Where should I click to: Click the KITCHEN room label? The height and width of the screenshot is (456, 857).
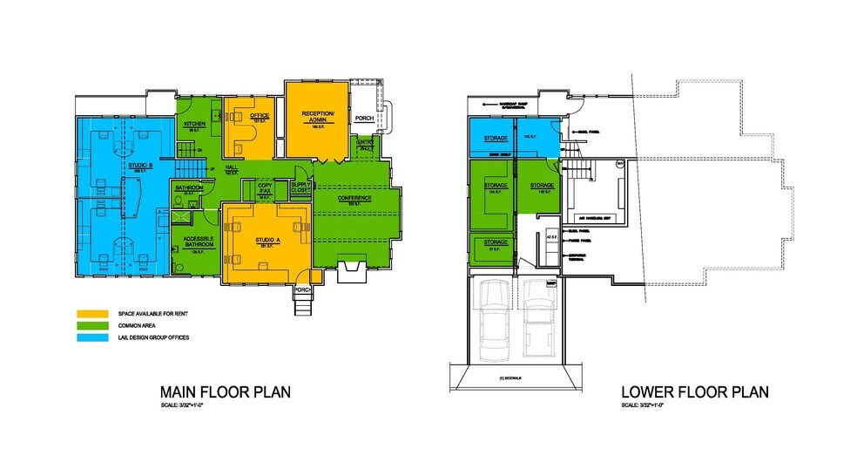point(194,125)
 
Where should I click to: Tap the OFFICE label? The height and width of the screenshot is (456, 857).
point(259,116)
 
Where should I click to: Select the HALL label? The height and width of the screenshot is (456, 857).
point(232,167)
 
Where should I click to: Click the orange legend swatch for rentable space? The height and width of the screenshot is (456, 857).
point(91,313)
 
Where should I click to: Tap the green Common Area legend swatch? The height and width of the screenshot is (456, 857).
point(91,325)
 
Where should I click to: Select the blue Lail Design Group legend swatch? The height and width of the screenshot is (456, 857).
point(91,337)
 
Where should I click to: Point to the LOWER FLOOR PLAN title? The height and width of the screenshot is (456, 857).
point(694,392)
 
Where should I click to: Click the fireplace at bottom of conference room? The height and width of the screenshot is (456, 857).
point(354,271)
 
